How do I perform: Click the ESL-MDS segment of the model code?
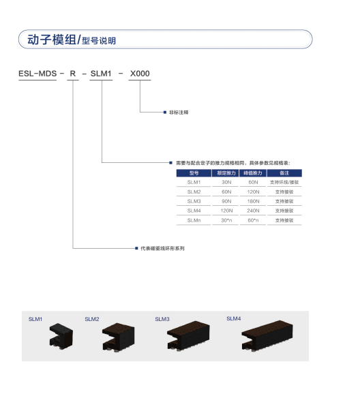(37, 74)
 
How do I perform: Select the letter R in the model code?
(73, 74)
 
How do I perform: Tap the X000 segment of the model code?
(140, 74)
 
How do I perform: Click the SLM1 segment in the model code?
(101, 74)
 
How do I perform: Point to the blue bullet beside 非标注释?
(165, 112)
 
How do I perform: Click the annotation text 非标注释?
(179, 112)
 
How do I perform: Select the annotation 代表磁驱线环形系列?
(162, 248)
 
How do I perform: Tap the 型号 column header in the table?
(194, 173)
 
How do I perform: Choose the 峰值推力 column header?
(253, 173)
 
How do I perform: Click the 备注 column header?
(284, 173)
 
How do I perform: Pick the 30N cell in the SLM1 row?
(226, 182)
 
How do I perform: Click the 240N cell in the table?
(253, 211)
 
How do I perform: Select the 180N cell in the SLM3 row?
(253, 201)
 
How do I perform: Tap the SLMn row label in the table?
(194, 220)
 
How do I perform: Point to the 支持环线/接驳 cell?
(284, 182)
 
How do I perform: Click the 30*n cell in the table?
(226, 220)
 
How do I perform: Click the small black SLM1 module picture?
(61, 336)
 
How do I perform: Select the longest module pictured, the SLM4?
(267, 335)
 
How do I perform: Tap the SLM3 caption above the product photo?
(162, 319)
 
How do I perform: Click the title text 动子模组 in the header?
(52, 40)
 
